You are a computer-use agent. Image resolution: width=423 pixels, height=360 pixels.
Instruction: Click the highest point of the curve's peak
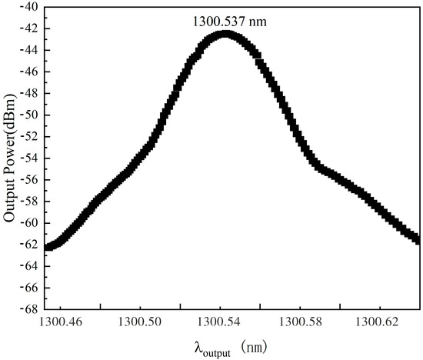(225, 33)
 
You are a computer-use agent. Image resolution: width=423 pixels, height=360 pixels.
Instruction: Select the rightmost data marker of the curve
(418, 240)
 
